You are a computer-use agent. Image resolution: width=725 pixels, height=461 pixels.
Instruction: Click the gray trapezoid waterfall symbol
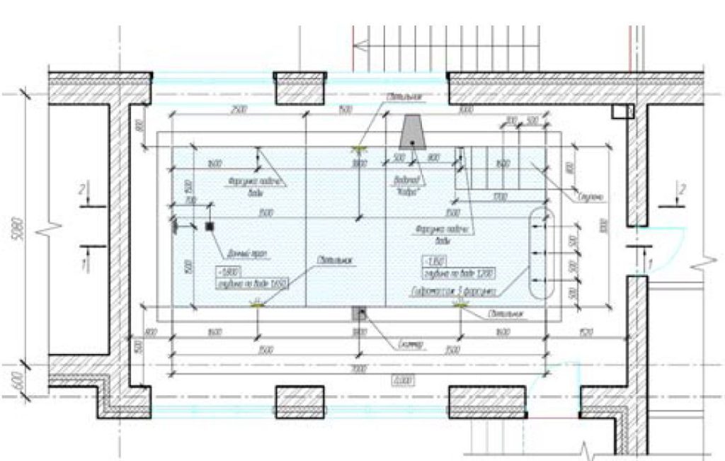pyautogui.click(x=411, y=132)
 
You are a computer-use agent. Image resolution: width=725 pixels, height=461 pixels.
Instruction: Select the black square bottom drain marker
pyautogui.click(x=210, y=227)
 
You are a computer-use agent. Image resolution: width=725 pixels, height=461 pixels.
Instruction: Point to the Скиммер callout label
pyautogui.click(x=409, y=345)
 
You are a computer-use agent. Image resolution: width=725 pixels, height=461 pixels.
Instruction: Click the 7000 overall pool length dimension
pyautogui.click(x=358, y=370)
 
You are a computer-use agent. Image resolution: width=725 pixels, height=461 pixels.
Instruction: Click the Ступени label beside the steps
pyautogui.click(x=590, y=193)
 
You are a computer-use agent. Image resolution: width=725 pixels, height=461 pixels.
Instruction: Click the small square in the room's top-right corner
pyautogui.click(x=620, y=110)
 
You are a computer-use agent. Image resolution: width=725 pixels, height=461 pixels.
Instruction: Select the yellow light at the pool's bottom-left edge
pyautogui.click(x=256, y=304)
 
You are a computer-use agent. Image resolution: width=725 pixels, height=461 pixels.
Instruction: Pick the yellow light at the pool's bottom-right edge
pyautogui.click(x=461, y=304)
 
